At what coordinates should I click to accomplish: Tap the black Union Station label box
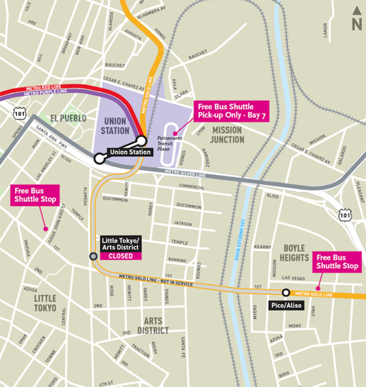click(x=129, y=152)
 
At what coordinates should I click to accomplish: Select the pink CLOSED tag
click(x=120, y=255)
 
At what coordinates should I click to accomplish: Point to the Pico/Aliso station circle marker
click(x=286, y=293)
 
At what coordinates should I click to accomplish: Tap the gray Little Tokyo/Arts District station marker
click(x=93, y=256)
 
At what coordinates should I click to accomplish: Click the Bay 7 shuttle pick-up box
click(x=231, y=111)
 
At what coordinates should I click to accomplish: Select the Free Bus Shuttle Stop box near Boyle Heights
click(x=337, y=262)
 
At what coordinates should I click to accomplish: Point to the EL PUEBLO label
click(x=70, y=118)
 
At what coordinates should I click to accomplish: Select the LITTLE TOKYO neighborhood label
click(x=45, y=303)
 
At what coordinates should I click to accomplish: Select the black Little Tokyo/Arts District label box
click(x=120, y=243)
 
